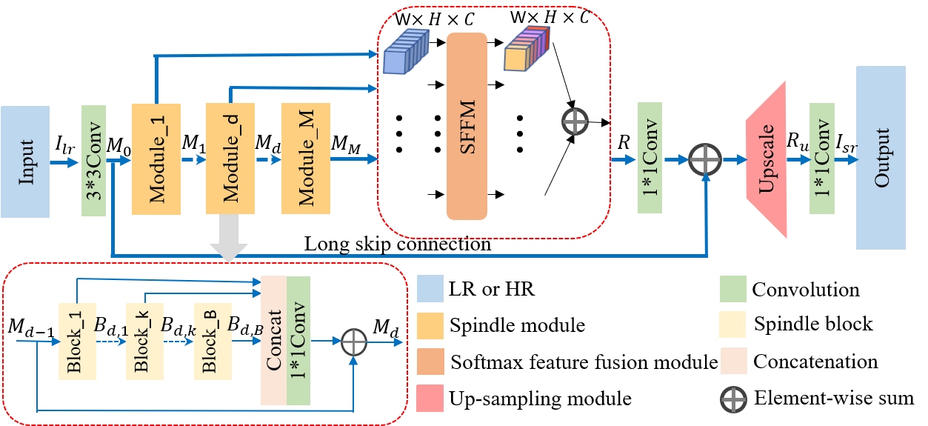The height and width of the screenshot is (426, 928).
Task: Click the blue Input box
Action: pos(25,162)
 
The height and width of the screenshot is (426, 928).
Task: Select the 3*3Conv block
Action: pos(94,162)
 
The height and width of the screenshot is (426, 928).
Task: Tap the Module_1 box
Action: pos(156,159)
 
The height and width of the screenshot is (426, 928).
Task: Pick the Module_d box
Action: pos(230,159)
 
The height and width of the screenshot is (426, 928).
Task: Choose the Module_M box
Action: pos(305,159)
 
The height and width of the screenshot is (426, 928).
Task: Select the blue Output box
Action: pos(881,158)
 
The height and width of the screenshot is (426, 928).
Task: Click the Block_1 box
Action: pos(77,342)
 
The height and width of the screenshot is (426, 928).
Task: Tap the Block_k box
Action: pos(144,342)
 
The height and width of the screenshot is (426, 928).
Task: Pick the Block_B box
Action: pos(212,342)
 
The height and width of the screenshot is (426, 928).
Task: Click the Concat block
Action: pos(273,342)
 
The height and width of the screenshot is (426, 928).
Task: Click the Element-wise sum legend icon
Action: pos(732,398)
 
